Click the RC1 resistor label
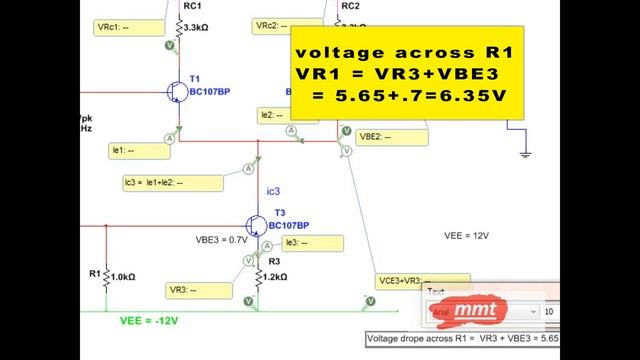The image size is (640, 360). click(x=193, y=5)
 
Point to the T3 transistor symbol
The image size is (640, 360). click(x=258, y=226)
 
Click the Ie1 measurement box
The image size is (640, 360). click(x=136, y=151)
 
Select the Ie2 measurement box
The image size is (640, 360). click(x=277, y=116)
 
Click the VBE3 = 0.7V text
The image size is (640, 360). click(x=220, y=241)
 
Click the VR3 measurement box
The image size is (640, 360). click(x=200, y=290)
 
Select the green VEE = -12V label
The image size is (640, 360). click(x=147, y=321)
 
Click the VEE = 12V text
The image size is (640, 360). click(x=466, y=236)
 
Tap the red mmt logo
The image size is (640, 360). click(x=473, y=310)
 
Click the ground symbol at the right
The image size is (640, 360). click(x=524, y=151)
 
